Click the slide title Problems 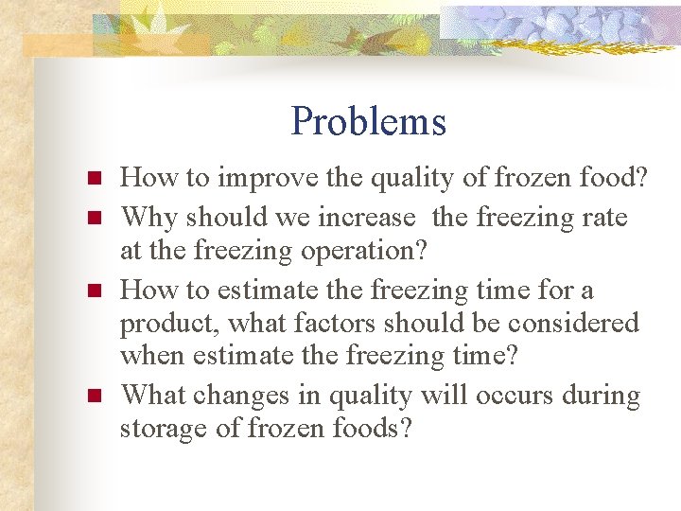pos(368,121)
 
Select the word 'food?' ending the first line pos(614,177)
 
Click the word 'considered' pos(573,324)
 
